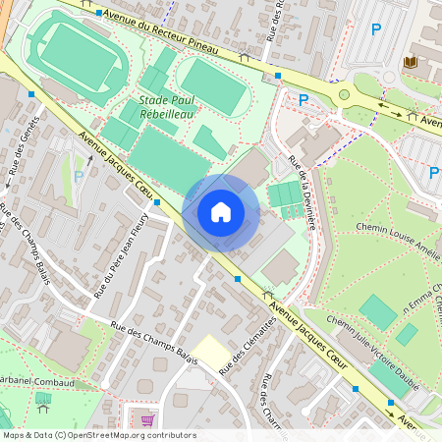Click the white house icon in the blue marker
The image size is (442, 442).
[x=221, y=212]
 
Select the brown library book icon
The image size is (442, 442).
[x=411, y=63]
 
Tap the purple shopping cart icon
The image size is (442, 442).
[x=148, y=420]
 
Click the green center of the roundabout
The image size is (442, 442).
[x=345, y=95]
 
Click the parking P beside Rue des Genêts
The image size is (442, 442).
[x=79, y=177]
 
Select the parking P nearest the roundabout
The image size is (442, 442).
[x=304, y=99]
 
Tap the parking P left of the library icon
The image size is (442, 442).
[x=375, y=29]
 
